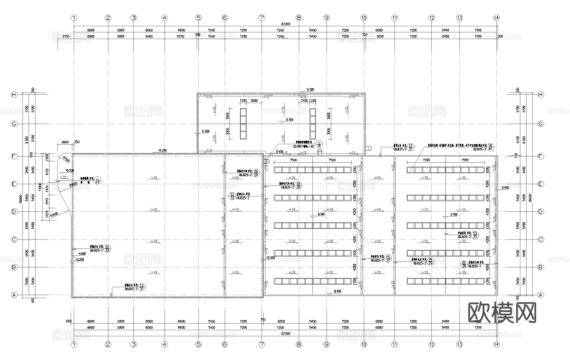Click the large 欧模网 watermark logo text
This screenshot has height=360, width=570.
pos(502,313)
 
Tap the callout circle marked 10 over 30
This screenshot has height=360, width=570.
pos(299,185)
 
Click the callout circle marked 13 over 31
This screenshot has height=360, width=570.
pos(475,235)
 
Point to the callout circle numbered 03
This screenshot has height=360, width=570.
pos(97,180)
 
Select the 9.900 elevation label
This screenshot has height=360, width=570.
pos(82,254)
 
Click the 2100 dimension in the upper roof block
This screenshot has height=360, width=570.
pos(303,101)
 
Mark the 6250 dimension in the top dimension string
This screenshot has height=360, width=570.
pos(180,37)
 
